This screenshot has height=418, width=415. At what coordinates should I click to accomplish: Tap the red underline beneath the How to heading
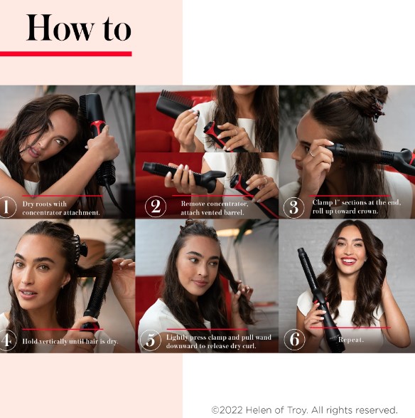pyautogui.click(x=65, y=54)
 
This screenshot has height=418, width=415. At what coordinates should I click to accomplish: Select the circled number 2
pyautogui.click(x=156, y=207)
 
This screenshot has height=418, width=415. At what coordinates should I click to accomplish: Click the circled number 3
pyautogui.click(x=293, y=207)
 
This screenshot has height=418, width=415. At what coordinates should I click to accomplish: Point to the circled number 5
pyautogui.click(x=151, y=340)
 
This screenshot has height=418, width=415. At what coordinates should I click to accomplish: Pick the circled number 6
pyautogui.click(x=294, y=340)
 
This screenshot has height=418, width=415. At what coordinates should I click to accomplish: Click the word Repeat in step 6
pyautogui.click(x=350, y=340)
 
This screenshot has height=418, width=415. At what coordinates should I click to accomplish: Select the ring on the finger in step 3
pyautogui.click(x=313, y=153)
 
